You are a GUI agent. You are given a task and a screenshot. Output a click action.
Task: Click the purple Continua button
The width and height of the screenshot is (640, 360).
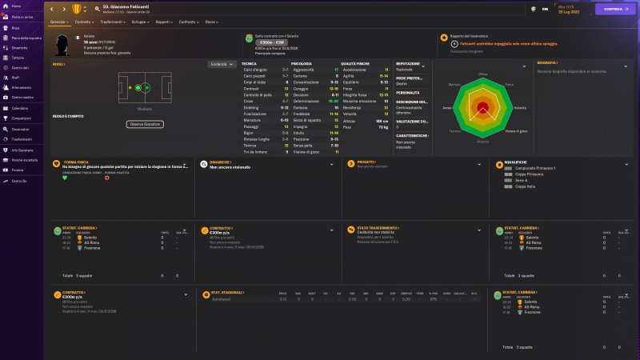(x=614, y=10)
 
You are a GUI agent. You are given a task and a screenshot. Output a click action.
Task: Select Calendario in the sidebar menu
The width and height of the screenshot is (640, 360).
(x=20, y=108)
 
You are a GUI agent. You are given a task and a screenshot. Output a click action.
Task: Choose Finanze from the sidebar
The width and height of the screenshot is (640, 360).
(x=18, y=170)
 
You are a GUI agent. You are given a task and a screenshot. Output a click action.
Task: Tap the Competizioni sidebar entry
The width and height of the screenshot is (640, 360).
(x=22, y=118)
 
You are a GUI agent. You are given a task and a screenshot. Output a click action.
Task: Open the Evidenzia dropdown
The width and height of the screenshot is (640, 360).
(x=222, y=64)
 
